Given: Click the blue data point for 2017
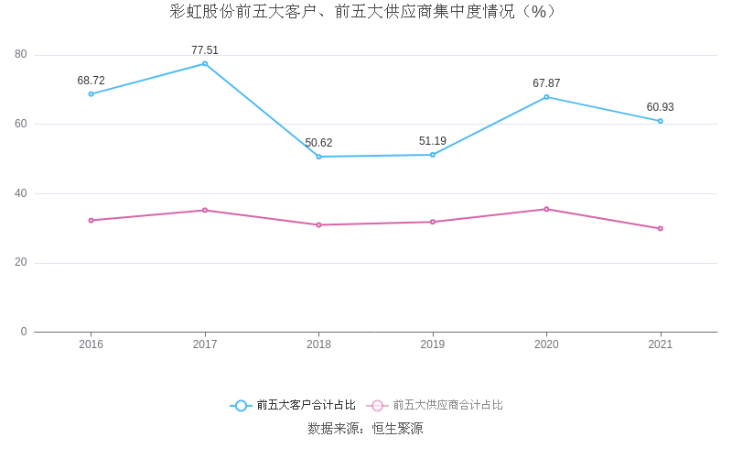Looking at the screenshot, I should pyautogui.click(x=205, y=63).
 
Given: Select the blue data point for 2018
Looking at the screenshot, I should pyautogui.click(x=318, y=157).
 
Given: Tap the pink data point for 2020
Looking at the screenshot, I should pyautogui.click(x=546, y=209).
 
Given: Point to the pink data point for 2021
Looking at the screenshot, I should pyautogui.click(x=660, y=228).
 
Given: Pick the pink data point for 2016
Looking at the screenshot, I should pyautogui.click(x=91, y=220).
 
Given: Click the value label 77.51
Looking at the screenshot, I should pyautogui.click(x=205, y=50).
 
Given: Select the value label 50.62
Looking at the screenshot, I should pyautogui.click(x=318, y=143).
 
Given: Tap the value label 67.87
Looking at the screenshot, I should pyautogui.click(x=546, y=83).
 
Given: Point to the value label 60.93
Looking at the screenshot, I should pyautogui.click(x=660, y=107).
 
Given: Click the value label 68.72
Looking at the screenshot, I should pyautogui.click(x=91, y=81).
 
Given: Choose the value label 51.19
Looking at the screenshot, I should pyautogui.click(x=433, y=141).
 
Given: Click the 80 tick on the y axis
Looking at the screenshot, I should pyautogui.click(x=21, y=55).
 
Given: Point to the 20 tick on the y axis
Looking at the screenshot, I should pyautogui.click(x=21, y=263).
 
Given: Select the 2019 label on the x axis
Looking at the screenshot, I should pyautogui.click(x=433, y=344).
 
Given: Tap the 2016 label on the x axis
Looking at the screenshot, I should pyautogui.click(x=91, y=344).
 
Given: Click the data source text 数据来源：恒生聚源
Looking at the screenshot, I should pyautogui.click(x=365, y=428).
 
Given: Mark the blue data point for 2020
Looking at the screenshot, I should pyautogui.click(x=546, y=97).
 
